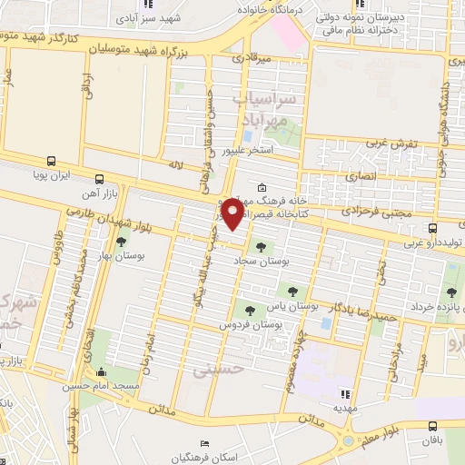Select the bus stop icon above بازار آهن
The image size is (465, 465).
98,179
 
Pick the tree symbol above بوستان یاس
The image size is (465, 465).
292,291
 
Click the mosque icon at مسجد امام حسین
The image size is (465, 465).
101,372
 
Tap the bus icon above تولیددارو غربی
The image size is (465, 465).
432,228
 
